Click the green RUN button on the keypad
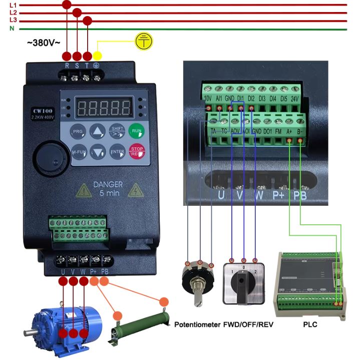tap(136, 131)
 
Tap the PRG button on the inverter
tap(78, 131)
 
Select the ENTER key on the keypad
tap(117, 151)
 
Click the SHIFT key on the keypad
tap(117, 131)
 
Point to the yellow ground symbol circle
tap(144, 42)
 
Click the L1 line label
tap(13, 5)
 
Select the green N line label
tap(12, 29)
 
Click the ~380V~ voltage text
tap(44, 43)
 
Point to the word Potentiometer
tap(197, 324)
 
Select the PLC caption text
tap(310, 324)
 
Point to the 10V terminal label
tap(208, 98)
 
